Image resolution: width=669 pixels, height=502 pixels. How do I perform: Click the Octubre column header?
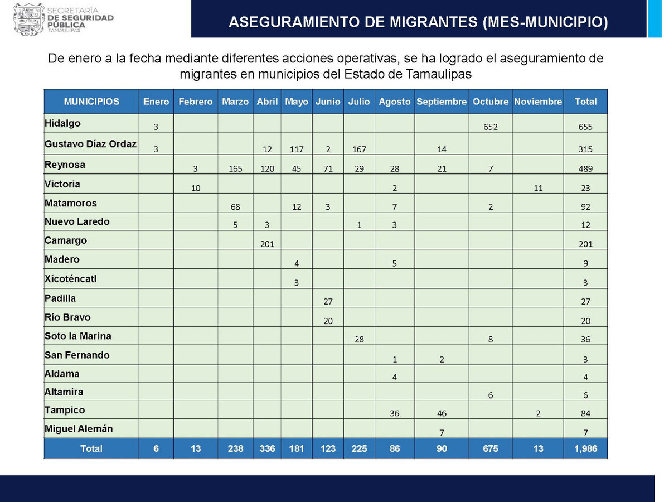[491, 102]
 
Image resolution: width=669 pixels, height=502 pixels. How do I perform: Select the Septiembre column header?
[442, 102]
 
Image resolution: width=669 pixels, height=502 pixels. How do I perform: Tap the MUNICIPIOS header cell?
[91, 102]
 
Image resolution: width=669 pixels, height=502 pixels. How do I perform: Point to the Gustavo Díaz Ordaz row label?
[90, 144]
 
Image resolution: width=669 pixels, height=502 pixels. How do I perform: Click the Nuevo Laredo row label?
[77, 221]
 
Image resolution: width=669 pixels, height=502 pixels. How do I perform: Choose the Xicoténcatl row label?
[70, 278]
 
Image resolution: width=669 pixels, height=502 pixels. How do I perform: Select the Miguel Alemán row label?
[79, 429]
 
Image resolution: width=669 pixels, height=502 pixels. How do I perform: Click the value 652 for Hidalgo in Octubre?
[491, 127]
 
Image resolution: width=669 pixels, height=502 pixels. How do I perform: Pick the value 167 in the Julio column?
[359, 149]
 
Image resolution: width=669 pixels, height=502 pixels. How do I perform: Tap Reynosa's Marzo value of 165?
[235, 168]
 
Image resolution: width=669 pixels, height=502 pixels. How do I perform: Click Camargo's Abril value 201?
[267, 244]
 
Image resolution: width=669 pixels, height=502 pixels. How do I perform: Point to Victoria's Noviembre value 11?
[538, 188]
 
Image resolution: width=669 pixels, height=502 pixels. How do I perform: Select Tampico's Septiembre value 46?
[442, 413]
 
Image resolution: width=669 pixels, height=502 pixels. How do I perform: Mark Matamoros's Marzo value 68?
[235, 207]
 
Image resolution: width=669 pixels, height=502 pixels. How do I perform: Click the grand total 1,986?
[585, 448]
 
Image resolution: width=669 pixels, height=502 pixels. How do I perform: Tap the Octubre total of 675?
[491, 448]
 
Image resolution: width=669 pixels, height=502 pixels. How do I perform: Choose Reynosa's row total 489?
[585, 168]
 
